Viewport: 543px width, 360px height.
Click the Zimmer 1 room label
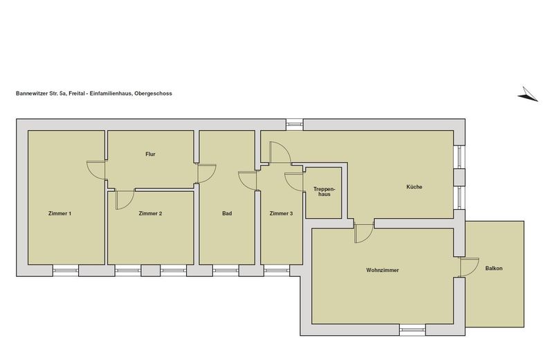(x=60, y=213)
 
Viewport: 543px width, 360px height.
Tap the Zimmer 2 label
(x=150, y=213)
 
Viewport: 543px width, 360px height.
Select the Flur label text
(x=150, y=154)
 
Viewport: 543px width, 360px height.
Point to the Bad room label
(x=227, y=213)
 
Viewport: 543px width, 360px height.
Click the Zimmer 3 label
(x=282, y=213)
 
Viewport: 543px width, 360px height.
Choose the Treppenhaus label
(x=324, y=192)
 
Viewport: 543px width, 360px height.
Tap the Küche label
(x=414, y=187)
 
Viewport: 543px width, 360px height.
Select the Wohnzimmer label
(x=383, y=270)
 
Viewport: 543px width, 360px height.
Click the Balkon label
(x=494, y=268)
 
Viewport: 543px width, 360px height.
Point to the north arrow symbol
(x=528, y=94)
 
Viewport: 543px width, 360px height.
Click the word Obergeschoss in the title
(x=153, y=93)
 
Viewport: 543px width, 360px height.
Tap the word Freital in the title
(x=76, y=93)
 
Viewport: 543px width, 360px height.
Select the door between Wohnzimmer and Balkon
(x=469, y=267)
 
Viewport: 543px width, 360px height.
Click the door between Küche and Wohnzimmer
(x=364, y=233)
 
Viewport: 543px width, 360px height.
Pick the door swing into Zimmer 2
(x=125, y=199)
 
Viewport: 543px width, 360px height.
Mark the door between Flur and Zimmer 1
(x=96, y=170)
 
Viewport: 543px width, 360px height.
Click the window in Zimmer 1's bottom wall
(x=66, y=271)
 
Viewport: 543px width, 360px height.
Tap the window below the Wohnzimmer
(x=412, y=330)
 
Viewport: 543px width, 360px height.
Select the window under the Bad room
(x=226, y=271)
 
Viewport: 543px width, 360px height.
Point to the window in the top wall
(x=295, y=125)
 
